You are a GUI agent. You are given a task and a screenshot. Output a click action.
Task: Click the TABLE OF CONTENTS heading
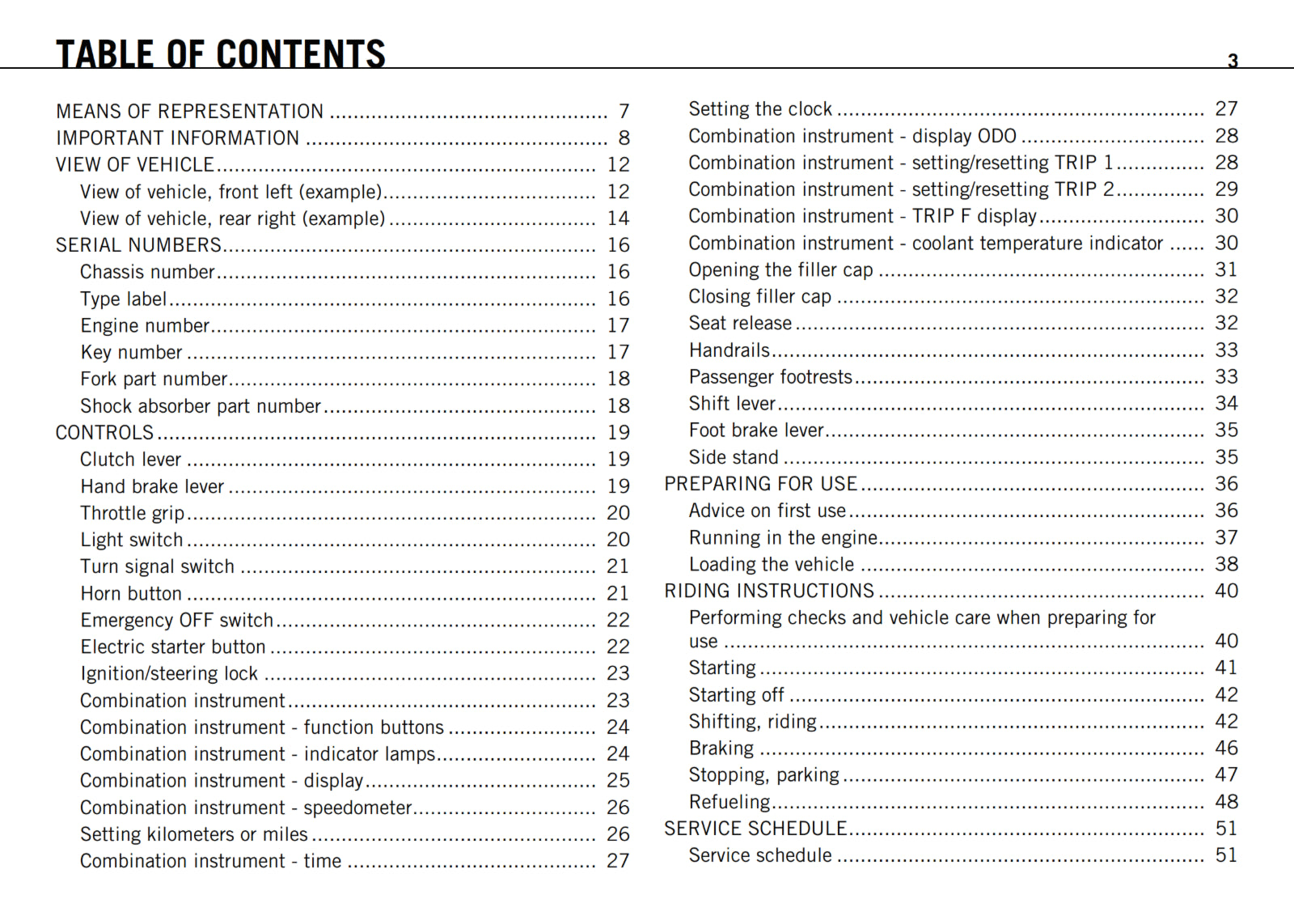[221, 54]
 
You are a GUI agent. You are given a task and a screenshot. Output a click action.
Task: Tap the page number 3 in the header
[1233, 61]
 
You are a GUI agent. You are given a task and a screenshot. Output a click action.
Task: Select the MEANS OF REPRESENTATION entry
[190, 112]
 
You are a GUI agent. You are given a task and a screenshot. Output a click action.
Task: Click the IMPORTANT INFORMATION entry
[178, 138]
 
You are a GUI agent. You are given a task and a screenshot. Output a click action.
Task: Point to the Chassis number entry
[147, 272]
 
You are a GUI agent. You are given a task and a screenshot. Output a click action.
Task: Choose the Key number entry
[131, 352]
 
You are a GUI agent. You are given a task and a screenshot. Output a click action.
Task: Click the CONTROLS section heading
[104, 433]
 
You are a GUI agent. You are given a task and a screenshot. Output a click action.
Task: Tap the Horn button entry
[131, 594]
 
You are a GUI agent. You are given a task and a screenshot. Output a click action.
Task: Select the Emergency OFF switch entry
[177, 621]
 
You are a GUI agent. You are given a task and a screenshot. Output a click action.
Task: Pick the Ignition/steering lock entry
[169, 674]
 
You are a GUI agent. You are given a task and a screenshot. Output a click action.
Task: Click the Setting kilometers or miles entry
[194, 834]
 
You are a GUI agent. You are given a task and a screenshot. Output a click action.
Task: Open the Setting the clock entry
[760, 109]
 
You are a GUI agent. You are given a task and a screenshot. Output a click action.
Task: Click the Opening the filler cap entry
[780, 269]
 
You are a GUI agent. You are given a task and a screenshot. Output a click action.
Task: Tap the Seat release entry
[740, 324]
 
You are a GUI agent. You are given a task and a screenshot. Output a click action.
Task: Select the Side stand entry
[734, 457]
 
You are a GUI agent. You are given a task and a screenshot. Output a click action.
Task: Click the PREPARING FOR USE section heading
[760, 484]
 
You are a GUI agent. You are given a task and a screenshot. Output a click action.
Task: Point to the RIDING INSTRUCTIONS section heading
[769, 592]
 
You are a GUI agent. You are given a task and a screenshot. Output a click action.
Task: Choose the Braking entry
[721, 748]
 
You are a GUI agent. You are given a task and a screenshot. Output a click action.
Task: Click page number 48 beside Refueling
[1226, 802]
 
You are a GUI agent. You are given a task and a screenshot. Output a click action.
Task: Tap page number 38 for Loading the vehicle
[1226, 564]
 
